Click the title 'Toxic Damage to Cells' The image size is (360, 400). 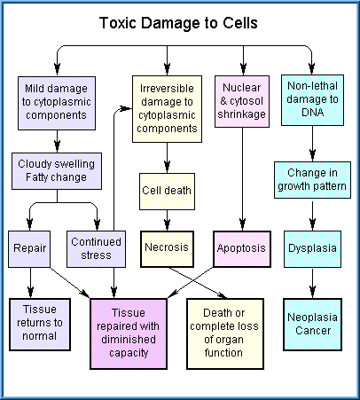click(x=178, y=23)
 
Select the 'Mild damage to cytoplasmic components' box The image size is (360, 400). click(x=57, y=103)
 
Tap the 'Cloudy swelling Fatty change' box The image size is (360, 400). click(x=57, y=171)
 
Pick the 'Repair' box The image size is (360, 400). click(x=29, y=249)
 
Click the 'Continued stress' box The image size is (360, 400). click(x=96, y=249)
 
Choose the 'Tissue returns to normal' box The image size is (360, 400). click(x=40, y=325)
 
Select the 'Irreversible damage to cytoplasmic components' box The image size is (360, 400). click(x=167, y=109)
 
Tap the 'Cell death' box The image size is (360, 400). click(x=167, y=192)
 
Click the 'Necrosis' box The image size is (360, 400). click(x=167, y=249)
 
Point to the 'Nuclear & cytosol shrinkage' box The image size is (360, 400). click(x=242, y=101)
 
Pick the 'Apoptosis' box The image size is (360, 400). click(x=242, y=249)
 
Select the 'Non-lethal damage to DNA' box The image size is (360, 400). click(x=312, y=100)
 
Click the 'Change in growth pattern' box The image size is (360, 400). click(x=312, y=180)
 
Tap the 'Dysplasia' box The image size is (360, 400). click(x=312, y=249)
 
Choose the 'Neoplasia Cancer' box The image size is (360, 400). click(x=312, y=325)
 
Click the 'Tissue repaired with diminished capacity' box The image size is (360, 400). click(x=129, y=333)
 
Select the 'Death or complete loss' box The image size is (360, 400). click(x=225, y=333)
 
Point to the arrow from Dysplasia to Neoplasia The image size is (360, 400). click(x=312, y=283)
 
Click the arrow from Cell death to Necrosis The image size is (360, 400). click(x=167, y=221)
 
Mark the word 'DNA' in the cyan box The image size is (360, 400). click(x=313, y=113)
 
